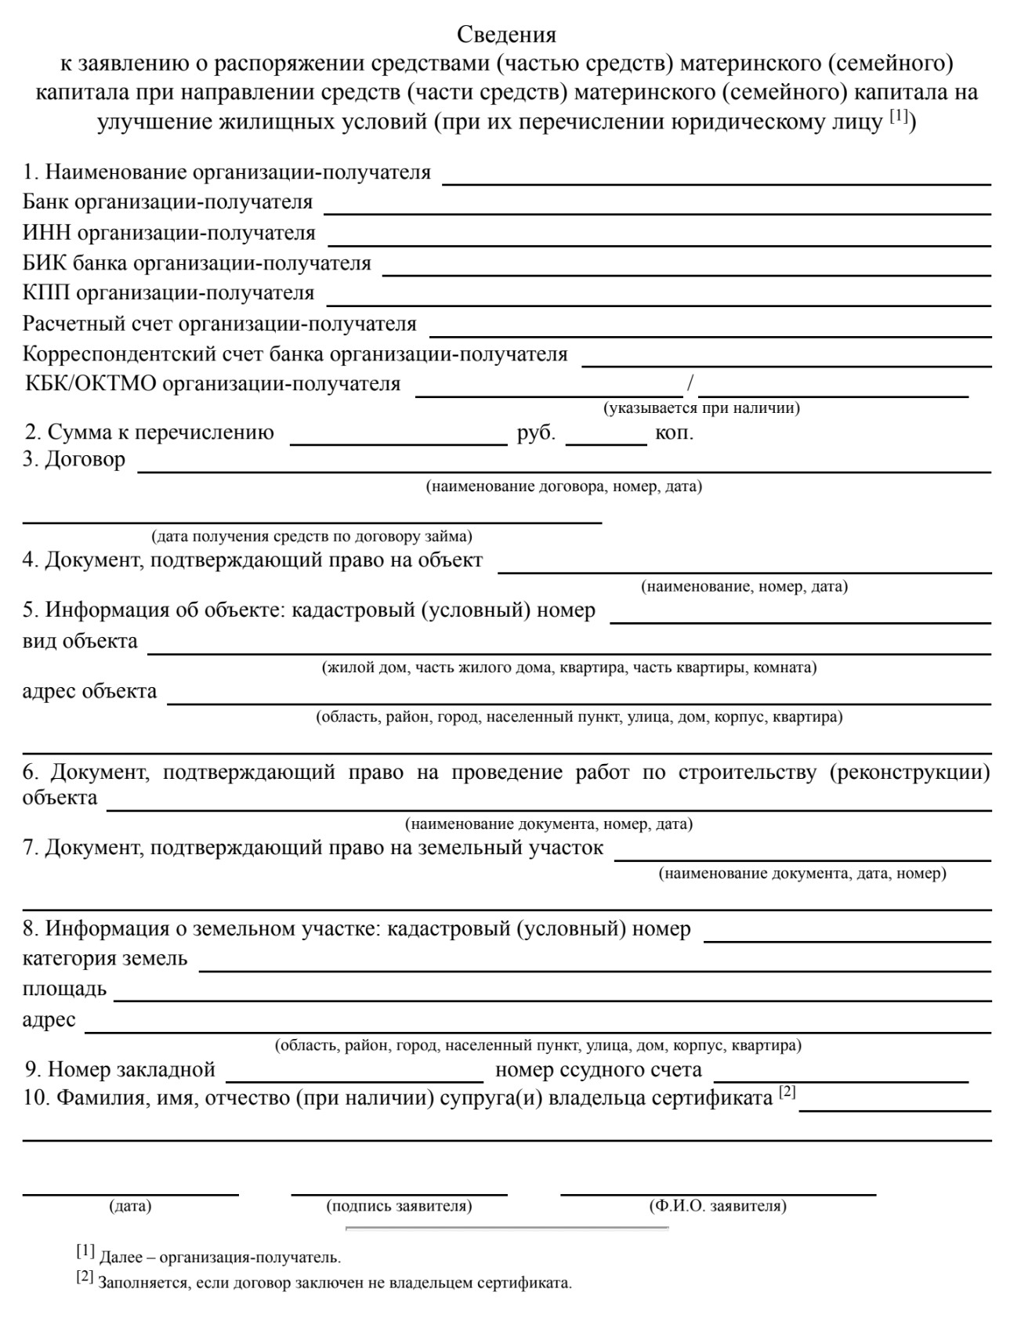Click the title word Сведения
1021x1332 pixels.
(x=506, y=35)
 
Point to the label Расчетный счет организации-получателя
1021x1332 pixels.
(x=219, y=324)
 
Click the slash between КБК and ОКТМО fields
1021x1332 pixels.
(x=690, y=384)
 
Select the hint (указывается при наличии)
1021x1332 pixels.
(x=701, y=408)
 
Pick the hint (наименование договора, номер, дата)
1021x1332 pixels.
(x=563, y=487)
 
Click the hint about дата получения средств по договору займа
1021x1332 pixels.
(x=312, y=537)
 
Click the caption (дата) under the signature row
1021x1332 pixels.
(x=130, y=1207)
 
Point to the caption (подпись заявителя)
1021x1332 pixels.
(x=399, y=1207)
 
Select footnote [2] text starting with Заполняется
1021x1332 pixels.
(x=335, y=1284)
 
